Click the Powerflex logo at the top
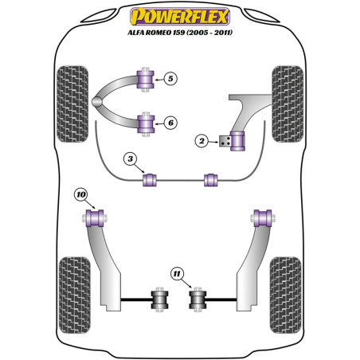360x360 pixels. coord(180,15)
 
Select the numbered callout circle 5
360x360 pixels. coord(170,78)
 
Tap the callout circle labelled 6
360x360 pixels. coord(170,122)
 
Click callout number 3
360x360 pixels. coord(130,161)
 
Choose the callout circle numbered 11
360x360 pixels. coord(177,275)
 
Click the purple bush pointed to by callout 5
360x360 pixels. coord(146,80)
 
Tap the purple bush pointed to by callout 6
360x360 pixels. coord(146,123)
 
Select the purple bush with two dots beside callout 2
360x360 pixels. coord(237,140)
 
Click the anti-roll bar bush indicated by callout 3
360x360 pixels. coord(148,179)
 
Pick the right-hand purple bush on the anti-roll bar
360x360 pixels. coord(212,179)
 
